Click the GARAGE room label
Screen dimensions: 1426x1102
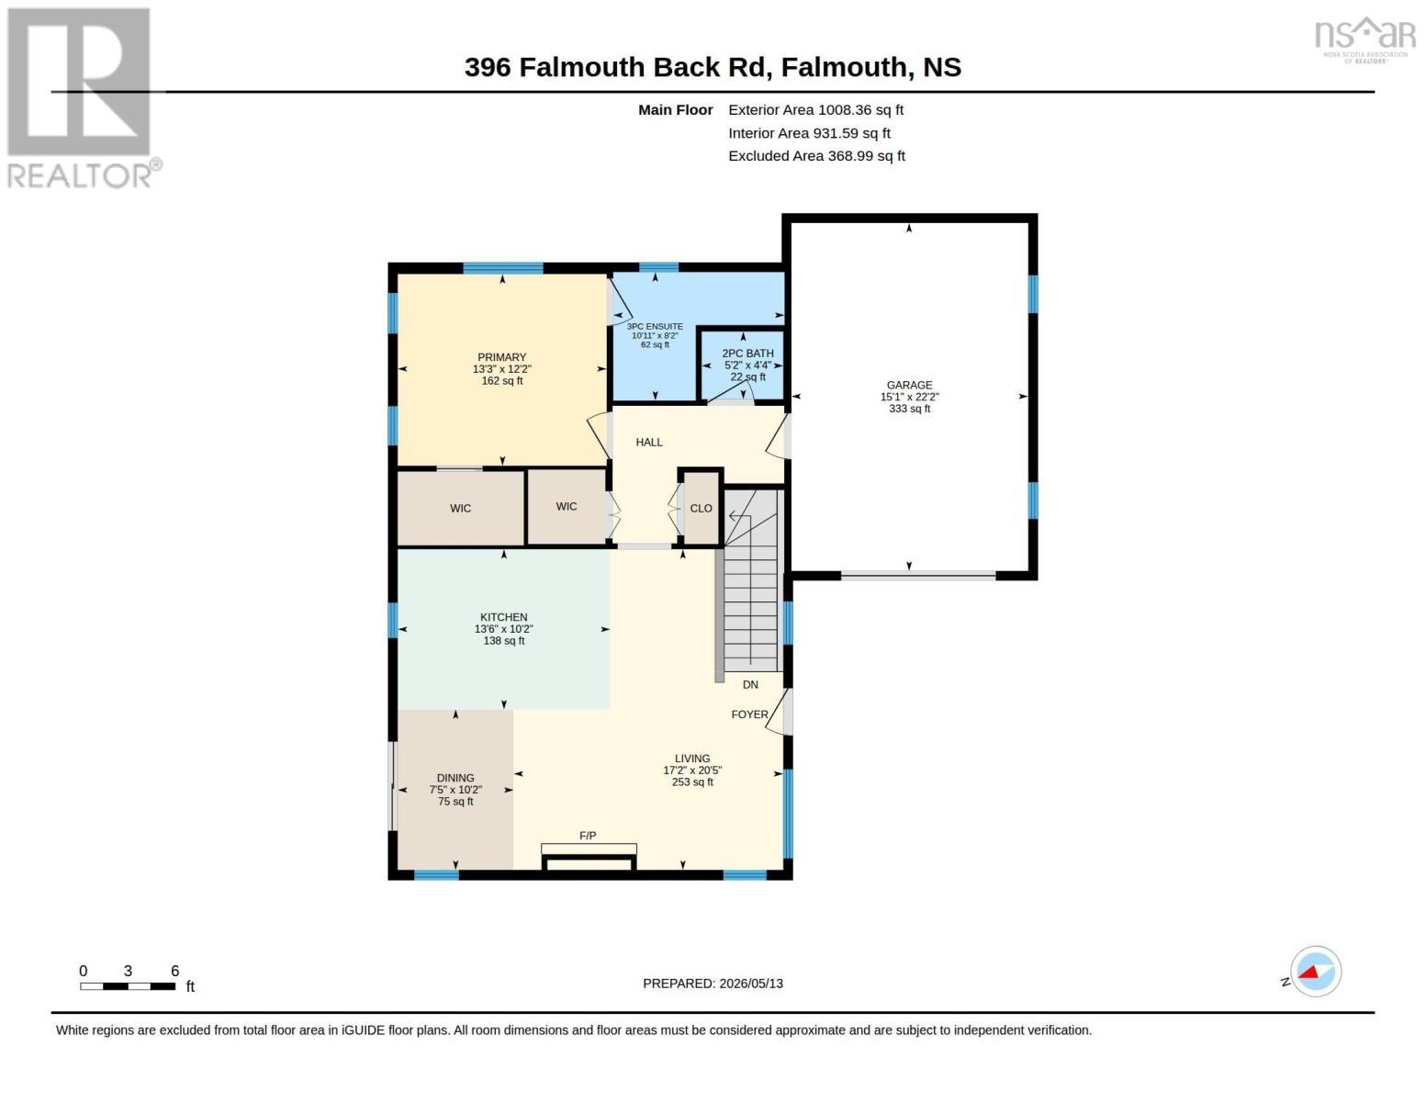tap(909, 386)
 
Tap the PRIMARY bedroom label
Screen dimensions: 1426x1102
tap(502, 358)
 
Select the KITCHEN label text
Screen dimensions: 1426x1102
tap(504, 618)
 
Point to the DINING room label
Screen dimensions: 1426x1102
tap(455, 779)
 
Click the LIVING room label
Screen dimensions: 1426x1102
tap(692, 759)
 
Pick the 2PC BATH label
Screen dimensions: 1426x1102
tap(747, 354)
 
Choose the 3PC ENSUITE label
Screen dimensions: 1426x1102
tap(655, 326)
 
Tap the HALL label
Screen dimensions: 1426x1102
tap(649, 443)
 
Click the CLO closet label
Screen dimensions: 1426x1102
tap(701, 509)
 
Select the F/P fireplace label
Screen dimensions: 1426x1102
tap(588, 836)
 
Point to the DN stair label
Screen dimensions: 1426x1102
tap(750, 684)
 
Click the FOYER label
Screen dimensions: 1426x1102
tap(749, 714)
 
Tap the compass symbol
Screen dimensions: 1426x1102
tap(1315, 972)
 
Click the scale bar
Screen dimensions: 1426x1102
tap(128, 986)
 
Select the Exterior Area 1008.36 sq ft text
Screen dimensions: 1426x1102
tap(815, 109)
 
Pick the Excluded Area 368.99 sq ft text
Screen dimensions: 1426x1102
tap(816, 155)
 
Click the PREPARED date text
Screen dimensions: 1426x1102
tap(713, 984)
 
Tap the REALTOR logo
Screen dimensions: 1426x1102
tap(84, 98)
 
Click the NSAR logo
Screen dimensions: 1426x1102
tap(1365, 39)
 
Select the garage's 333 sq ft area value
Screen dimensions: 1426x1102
tap(910, 409)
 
